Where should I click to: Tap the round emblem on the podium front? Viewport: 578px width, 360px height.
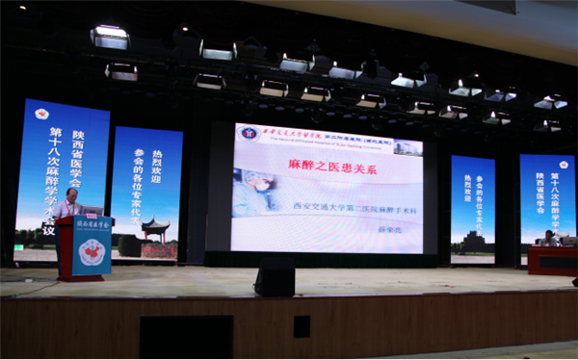91,252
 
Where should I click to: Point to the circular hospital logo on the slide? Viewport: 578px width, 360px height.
250,133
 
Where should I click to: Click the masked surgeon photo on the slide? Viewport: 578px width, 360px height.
257,192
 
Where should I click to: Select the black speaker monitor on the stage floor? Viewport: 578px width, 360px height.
275,276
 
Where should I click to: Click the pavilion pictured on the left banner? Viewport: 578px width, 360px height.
153,231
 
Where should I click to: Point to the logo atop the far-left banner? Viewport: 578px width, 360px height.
41,114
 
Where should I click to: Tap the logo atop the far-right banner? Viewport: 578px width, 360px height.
563,164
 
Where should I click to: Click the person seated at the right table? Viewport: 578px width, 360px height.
549,238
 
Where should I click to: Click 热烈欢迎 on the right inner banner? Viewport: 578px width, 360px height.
469,189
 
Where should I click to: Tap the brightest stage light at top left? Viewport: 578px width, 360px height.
110,36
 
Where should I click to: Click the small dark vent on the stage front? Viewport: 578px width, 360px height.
302,326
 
